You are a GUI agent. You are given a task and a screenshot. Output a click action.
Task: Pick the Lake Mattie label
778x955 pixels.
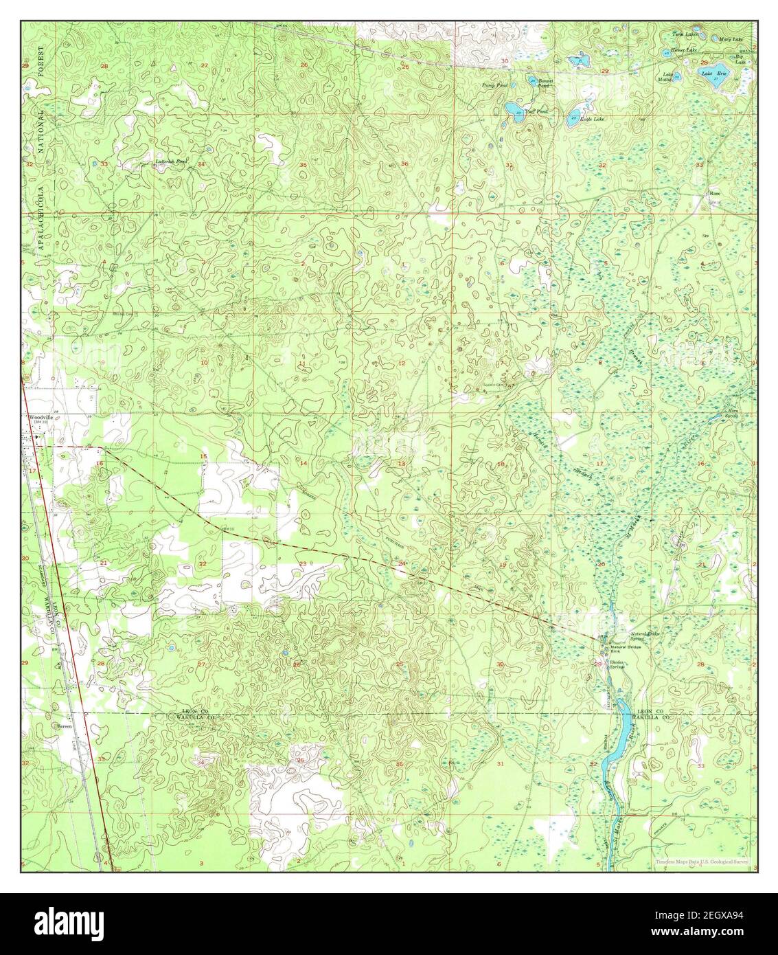tap(667, 78)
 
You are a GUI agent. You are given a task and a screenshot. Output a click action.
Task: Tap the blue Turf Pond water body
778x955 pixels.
tap(513, 109)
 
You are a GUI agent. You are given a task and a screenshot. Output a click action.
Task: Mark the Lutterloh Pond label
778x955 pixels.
tap(172, 161)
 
